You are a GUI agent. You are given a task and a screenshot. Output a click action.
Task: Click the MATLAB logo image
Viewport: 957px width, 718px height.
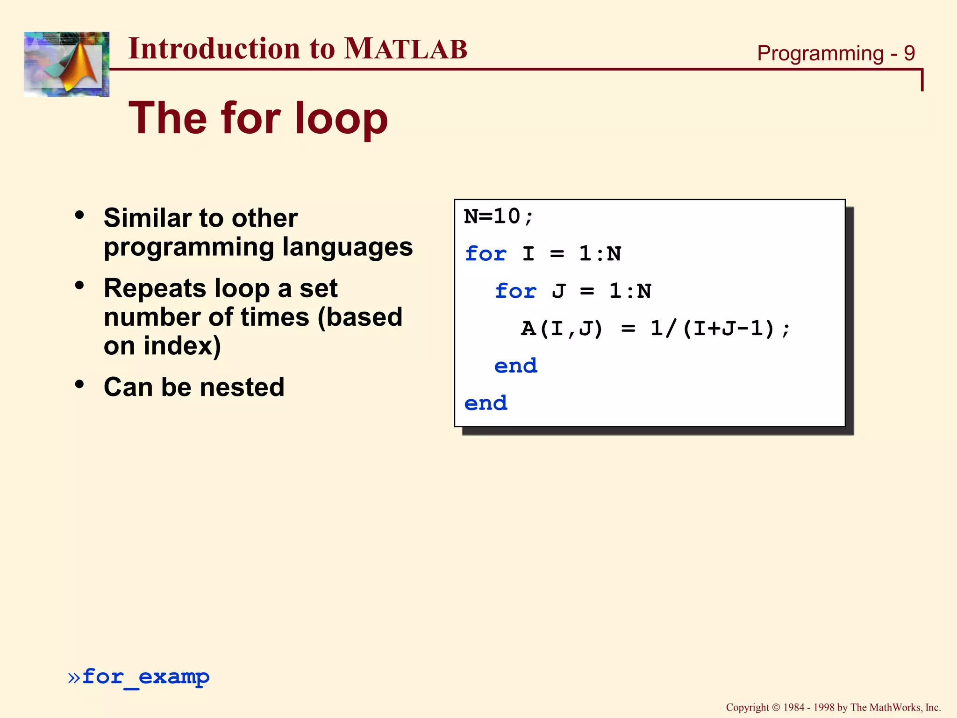pos(66,64)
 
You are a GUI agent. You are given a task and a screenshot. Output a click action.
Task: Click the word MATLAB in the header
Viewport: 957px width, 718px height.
pos(405,49)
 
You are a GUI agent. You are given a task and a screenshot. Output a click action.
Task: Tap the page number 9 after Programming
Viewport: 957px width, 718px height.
pos(909,53)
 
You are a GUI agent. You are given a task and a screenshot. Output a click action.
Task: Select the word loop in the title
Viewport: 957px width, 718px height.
pos(341,119)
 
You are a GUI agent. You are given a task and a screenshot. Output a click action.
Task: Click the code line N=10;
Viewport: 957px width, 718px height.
pos(498,216)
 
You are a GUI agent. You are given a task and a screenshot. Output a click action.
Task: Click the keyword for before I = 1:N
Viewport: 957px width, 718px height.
pos(486,254)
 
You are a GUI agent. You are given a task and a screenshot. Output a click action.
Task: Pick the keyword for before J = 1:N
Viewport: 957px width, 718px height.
pos(515,292)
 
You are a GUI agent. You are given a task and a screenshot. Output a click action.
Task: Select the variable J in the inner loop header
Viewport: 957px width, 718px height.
pos(558,292)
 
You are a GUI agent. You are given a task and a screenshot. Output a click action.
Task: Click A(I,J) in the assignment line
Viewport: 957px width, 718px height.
pos(562,329)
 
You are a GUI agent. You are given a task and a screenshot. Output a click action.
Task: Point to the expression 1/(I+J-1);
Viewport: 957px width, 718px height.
pos(720,329)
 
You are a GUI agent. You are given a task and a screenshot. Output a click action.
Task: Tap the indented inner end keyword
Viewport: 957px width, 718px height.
pos(515,366)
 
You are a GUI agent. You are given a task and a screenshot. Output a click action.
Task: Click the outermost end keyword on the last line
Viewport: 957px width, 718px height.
pos(486,403)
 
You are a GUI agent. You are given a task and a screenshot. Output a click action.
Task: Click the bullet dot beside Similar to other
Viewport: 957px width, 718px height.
pos(79,215)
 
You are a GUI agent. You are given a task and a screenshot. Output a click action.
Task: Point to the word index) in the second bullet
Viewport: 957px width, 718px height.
pos(182,346)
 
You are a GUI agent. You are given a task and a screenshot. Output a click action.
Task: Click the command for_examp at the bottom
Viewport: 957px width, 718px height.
pos(146,677)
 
